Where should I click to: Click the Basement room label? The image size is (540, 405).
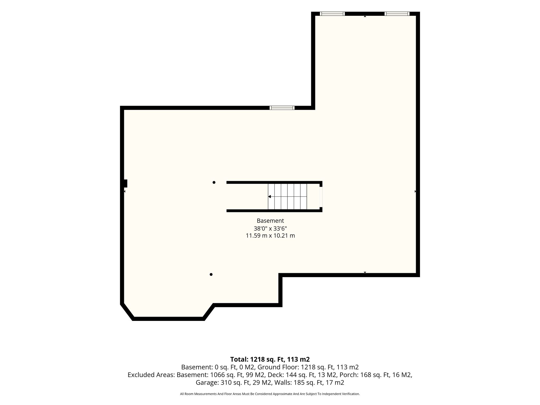pos(270,221)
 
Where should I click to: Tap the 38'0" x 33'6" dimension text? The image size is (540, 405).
pos(270,228)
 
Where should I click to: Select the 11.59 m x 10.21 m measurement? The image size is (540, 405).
pos(270,236)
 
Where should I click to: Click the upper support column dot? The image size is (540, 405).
pos(214,182)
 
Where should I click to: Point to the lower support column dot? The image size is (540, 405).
pos(211,274)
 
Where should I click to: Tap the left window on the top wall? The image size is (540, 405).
pos(332,14)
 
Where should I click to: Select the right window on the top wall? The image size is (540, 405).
pos(397,14)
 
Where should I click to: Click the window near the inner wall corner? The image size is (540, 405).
pos(282,108)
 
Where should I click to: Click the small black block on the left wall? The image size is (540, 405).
pos(126,184)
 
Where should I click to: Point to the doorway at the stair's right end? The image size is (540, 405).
pos(321,197)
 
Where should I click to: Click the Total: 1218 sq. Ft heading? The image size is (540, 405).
pos(270,359)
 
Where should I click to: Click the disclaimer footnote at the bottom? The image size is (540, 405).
pos(270,394)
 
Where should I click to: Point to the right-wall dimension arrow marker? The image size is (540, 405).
pos(415,191)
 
